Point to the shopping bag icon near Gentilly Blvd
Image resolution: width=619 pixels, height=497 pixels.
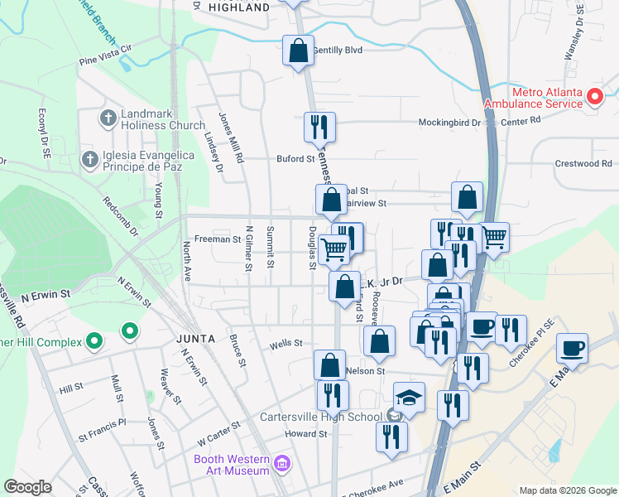[x=298, y=51]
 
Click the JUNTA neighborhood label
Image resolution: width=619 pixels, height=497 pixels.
[x=196, y=339]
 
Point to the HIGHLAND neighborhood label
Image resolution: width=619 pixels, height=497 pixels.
[x=239, y=7]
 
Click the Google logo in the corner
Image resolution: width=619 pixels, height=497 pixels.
[x=27, y=487]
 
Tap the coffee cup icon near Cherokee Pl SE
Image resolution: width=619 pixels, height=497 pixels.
[x=572, y=348]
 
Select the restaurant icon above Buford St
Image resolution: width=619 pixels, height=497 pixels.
[x=319, y=127]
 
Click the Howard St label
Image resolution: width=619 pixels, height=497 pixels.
[x=306, y=434]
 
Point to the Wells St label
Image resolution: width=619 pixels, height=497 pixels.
[x=286, y=343]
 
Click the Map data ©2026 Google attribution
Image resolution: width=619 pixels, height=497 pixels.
[x=568, y=490]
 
